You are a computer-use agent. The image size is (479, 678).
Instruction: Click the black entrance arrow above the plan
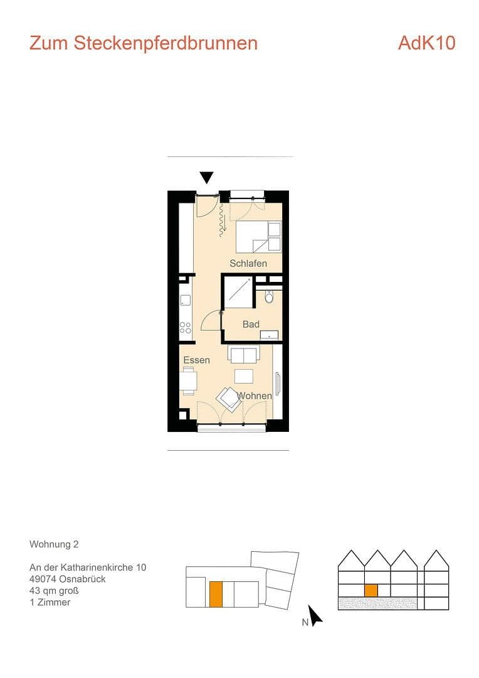206,178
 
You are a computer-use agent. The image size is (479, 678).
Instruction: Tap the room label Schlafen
248,264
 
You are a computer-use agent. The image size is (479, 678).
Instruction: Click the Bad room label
251,324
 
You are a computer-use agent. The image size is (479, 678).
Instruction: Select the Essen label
196,360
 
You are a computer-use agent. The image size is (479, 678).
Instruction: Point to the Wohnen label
255,396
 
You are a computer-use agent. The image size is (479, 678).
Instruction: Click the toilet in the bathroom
270,297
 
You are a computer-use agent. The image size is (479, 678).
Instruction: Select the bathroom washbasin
270,335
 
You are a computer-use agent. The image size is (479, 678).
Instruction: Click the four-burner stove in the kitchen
186,327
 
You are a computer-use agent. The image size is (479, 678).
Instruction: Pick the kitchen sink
185,299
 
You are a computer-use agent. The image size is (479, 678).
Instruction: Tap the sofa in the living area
243,356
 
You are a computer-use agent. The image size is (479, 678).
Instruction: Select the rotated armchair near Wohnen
228,398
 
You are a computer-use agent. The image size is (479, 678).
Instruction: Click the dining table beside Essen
188,381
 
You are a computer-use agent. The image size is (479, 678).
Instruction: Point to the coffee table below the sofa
243,376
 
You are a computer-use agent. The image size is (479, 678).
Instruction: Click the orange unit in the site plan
215,594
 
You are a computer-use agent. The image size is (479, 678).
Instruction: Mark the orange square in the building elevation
371,590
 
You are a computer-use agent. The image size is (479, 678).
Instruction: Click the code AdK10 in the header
426,43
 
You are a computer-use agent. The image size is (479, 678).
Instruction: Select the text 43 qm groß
54,591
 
